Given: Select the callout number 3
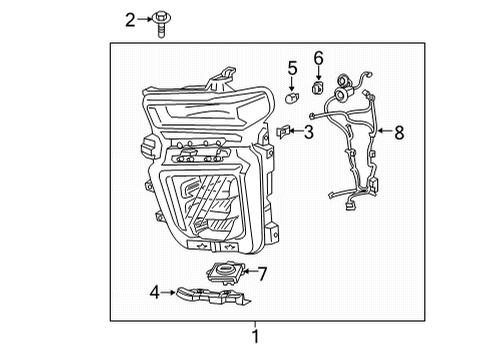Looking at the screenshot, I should tap(309, 132).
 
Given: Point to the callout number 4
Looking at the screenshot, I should tap(154, 292).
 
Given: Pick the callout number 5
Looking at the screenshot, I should tap(293, 68).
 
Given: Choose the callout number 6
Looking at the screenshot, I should tap(319, 58).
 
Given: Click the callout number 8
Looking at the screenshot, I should tap(400, 130).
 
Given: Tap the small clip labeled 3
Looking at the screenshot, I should tap(283, 130).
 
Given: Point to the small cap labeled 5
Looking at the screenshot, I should tap(291, 97).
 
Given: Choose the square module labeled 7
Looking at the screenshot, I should tap(225, 270).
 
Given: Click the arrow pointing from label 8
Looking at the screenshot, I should tap(384, 130).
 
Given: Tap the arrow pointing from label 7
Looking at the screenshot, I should tap(249, 271).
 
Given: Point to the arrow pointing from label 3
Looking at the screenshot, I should tap(297, 131).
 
